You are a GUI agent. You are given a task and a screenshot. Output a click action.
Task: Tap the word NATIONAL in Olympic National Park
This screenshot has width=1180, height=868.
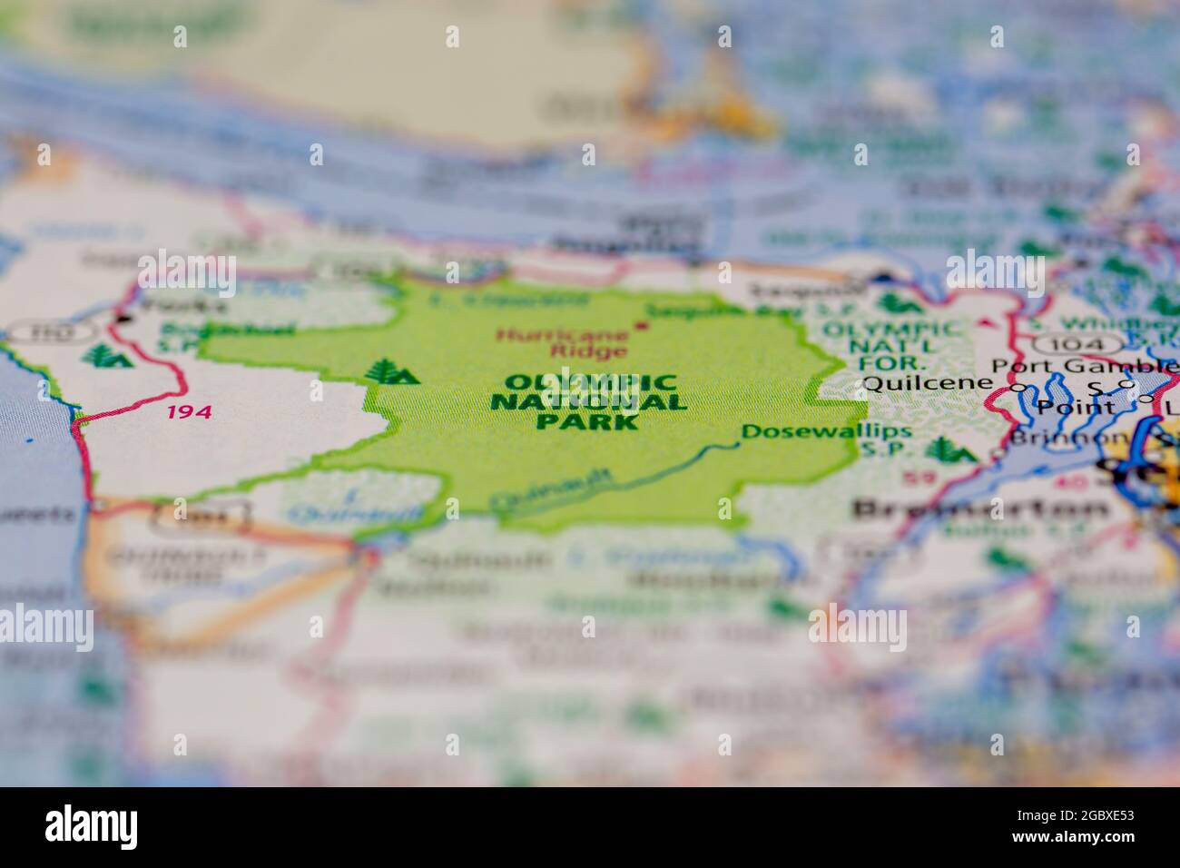click(x=588, y=402)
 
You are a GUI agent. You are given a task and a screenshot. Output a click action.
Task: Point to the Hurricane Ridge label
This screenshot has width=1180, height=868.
click(x=563, y=342)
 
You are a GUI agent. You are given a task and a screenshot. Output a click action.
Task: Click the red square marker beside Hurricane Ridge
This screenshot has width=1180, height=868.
click(x=644, y=325)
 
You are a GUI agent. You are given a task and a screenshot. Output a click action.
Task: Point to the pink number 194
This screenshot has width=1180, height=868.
click(x=189, y=412)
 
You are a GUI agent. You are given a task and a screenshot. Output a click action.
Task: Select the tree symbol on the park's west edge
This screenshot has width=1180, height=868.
click(x=391, y=372)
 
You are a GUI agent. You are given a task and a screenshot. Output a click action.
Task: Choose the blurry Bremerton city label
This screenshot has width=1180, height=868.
click(x=980, y=508)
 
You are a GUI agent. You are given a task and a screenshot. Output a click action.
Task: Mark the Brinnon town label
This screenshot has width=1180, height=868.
click(x=1054, y=436)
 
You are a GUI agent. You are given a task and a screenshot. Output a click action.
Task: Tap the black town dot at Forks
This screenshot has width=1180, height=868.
click(x=121, y=319)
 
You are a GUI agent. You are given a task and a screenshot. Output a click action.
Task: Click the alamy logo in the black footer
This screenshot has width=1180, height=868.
click(x=91, y=826)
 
